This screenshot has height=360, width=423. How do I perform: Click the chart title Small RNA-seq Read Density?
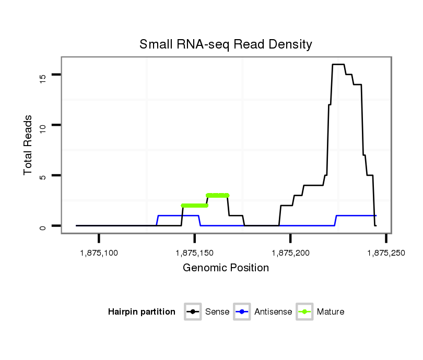pyautogui.click(x=226, y=44)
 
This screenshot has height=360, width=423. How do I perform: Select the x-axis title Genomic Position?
pyautogui.click(x=226, y=268)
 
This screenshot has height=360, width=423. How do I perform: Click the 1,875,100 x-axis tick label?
pyautogui.click(x=99, y=253)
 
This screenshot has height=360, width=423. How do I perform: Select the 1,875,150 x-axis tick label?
pyautogui.click(x=195, y=253)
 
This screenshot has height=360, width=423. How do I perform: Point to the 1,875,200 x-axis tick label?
pyautogui.click(x=290, y=253)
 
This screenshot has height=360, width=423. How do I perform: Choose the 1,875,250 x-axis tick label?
pyautogui.click(x=385, y=253)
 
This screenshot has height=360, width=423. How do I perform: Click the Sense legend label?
pyautogui.click(x=217, y=312)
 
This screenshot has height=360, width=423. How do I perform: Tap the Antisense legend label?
pyautogui.click(x=273, y=312)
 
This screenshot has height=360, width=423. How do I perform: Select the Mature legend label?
pyautogui.click(x=330, y=312)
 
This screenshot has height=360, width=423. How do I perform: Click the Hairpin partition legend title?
pyautogui.click(x=142, y=312)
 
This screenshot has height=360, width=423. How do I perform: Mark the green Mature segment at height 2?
pyautogui.click(x=194, y=206)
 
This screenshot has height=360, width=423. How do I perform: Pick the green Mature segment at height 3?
pyautogui.click(x=218, y=196)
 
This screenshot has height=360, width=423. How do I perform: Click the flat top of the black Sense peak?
pyautogui.click(x=338, y=65)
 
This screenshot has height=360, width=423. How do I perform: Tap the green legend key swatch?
pyautogui.click(x=304, y=312)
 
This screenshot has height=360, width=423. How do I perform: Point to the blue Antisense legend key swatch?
pyautogui.click(x=243, y=312)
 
